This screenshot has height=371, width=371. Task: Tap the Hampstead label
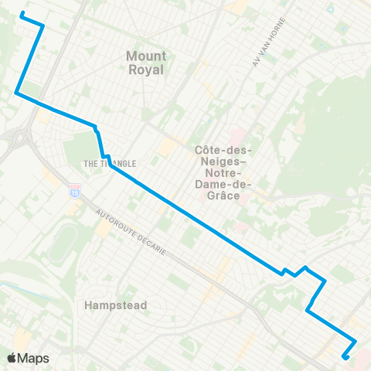[116, 305]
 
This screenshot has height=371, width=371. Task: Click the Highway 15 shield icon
[75, 188]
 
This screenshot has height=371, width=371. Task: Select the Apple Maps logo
[28, 358]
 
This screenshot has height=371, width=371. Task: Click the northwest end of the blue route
[21, 13]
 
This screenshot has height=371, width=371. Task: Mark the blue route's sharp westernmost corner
[16, 93]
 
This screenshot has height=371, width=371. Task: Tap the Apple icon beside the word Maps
[12, 358]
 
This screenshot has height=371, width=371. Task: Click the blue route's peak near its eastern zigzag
[307, 267]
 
